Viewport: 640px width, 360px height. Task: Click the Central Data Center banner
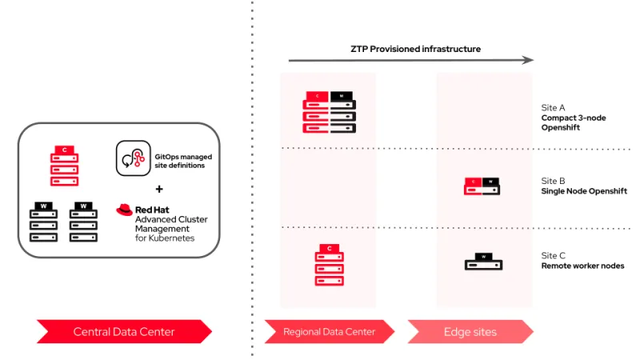[124, 331]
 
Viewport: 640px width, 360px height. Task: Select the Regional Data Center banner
[330, 331]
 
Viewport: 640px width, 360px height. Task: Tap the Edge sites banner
[470, 331]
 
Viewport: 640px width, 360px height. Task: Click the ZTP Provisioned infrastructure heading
[415, 49]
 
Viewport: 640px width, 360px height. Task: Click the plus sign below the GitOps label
[158, 190]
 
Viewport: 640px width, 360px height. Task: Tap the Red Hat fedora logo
[124, 210]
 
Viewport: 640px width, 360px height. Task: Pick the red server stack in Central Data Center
[64, 165]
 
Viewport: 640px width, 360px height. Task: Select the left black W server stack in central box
[44, 222]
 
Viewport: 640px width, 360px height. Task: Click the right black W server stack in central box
[83, 222]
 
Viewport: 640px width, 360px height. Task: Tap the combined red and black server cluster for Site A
[329, 112]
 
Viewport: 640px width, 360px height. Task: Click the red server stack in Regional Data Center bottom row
[329, 266]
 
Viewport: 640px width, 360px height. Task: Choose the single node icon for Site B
[483, 186]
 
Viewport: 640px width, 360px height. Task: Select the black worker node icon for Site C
[483, 261]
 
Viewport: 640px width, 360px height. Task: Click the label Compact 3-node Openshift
[574, 122]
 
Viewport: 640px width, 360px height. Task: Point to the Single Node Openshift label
[584, 191]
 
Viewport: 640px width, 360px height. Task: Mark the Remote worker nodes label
[582, 266]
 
